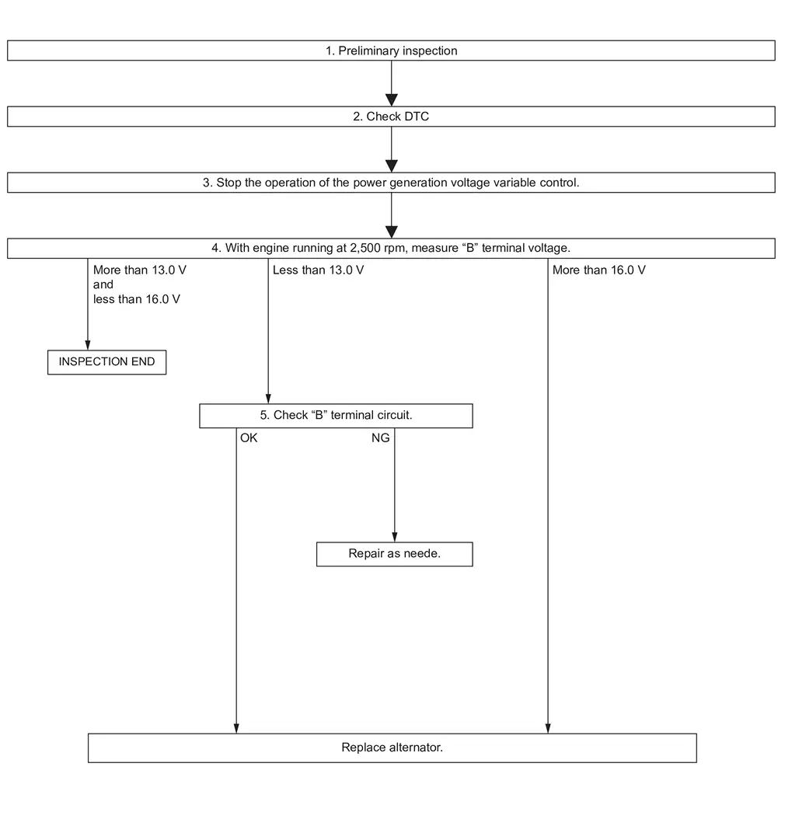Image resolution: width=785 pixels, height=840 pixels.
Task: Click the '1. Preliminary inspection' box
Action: [391, 51]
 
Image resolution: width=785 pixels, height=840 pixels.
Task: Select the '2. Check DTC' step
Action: [391, 117]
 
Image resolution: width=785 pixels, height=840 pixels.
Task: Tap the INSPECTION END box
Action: [106, 362]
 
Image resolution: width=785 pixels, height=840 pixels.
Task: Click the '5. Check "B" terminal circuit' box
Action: [336, 416]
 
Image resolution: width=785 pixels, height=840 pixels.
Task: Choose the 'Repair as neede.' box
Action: [394, 554]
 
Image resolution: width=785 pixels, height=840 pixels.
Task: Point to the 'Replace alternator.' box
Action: [392, 748]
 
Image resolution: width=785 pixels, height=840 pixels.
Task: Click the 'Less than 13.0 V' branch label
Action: [319, 270]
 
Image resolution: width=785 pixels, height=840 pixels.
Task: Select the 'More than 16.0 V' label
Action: [599, 270]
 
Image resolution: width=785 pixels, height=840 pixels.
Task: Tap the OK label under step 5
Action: [249, 438]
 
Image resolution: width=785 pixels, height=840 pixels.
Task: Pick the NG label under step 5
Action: [380, 438]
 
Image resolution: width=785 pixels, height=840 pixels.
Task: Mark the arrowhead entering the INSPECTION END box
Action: [88, 345]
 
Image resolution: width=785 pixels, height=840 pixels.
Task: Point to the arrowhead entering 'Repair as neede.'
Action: [395, 537]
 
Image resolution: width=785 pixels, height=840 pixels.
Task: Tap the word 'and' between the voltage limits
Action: [103, 284]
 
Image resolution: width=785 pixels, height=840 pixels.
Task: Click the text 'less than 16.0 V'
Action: [137, 299]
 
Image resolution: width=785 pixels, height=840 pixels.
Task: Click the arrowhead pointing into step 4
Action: [392, 232]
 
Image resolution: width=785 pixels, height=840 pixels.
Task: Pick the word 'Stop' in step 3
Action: [229, 183]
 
